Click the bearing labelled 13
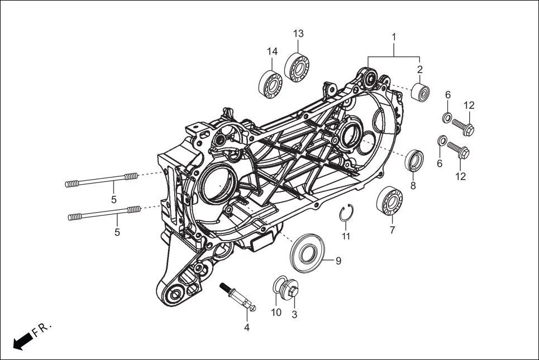tap(297, 67)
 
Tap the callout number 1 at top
tap(394, 37)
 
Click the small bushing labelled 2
tap(420, 92)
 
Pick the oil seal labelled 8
tap(414, 161)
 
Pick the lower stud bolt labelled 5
tap(104, 213)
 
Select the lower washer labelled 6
tap(441, 140)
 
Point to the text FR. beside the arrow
tap(42, 329)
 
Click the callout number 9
tap(338, 261)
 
